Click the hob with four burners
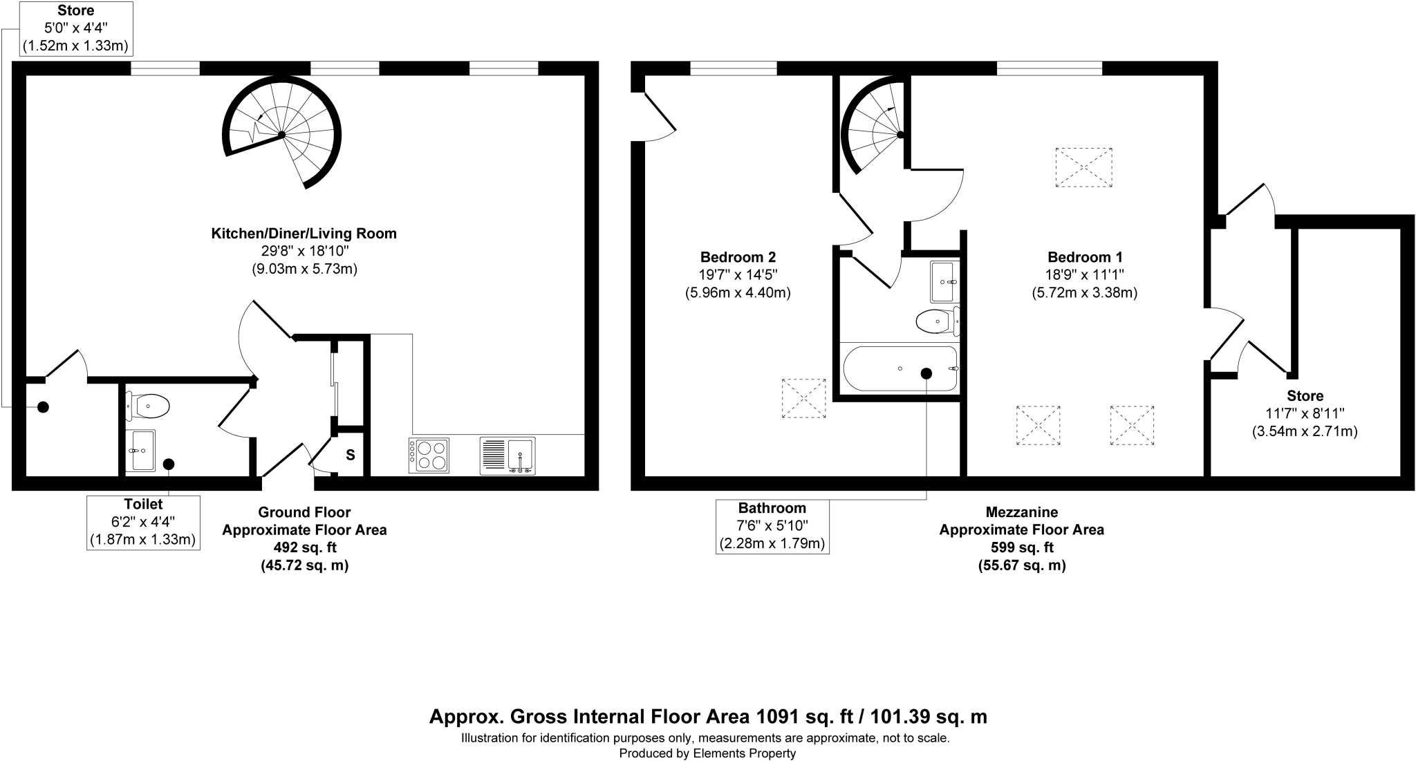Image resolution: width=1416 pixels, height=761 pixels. (429, 455)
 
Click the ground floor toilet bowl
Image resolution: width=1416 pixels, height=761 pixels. (149, 406)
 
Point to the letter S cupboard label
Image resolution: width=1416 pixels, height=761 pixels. (351, 455)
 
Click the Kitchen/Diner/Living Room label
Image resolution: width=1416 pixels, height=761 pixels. (304, 234)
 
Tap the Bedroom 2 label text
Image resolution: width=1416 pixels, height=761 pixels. (737, 257)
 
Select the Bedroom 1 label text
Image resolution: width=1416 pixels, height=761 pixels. (1084, 257)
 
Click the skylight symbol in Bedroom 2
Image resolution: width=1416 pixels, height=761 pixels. (803, 397)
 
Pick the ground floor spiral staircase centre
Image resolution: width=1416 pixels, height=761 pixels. (282, 134)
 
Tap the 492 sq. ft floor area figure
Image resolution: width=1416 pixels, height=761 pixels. (304, 547)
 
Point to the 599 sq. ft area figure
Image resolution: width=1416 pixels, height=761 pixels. (1021, 547)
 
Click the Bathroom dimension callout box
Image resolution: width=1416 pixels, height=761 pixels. (772, 526)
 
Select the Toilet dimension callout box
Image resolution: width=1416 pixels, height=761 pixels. (143, 522)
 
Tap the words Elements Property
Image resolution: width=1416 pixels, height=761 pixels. (744, 753)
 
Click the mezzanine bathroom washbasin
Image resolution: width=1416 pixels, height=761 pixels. (944, 282)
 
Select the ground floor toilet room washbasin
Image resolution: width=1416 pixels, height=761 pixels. (140, 450)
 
